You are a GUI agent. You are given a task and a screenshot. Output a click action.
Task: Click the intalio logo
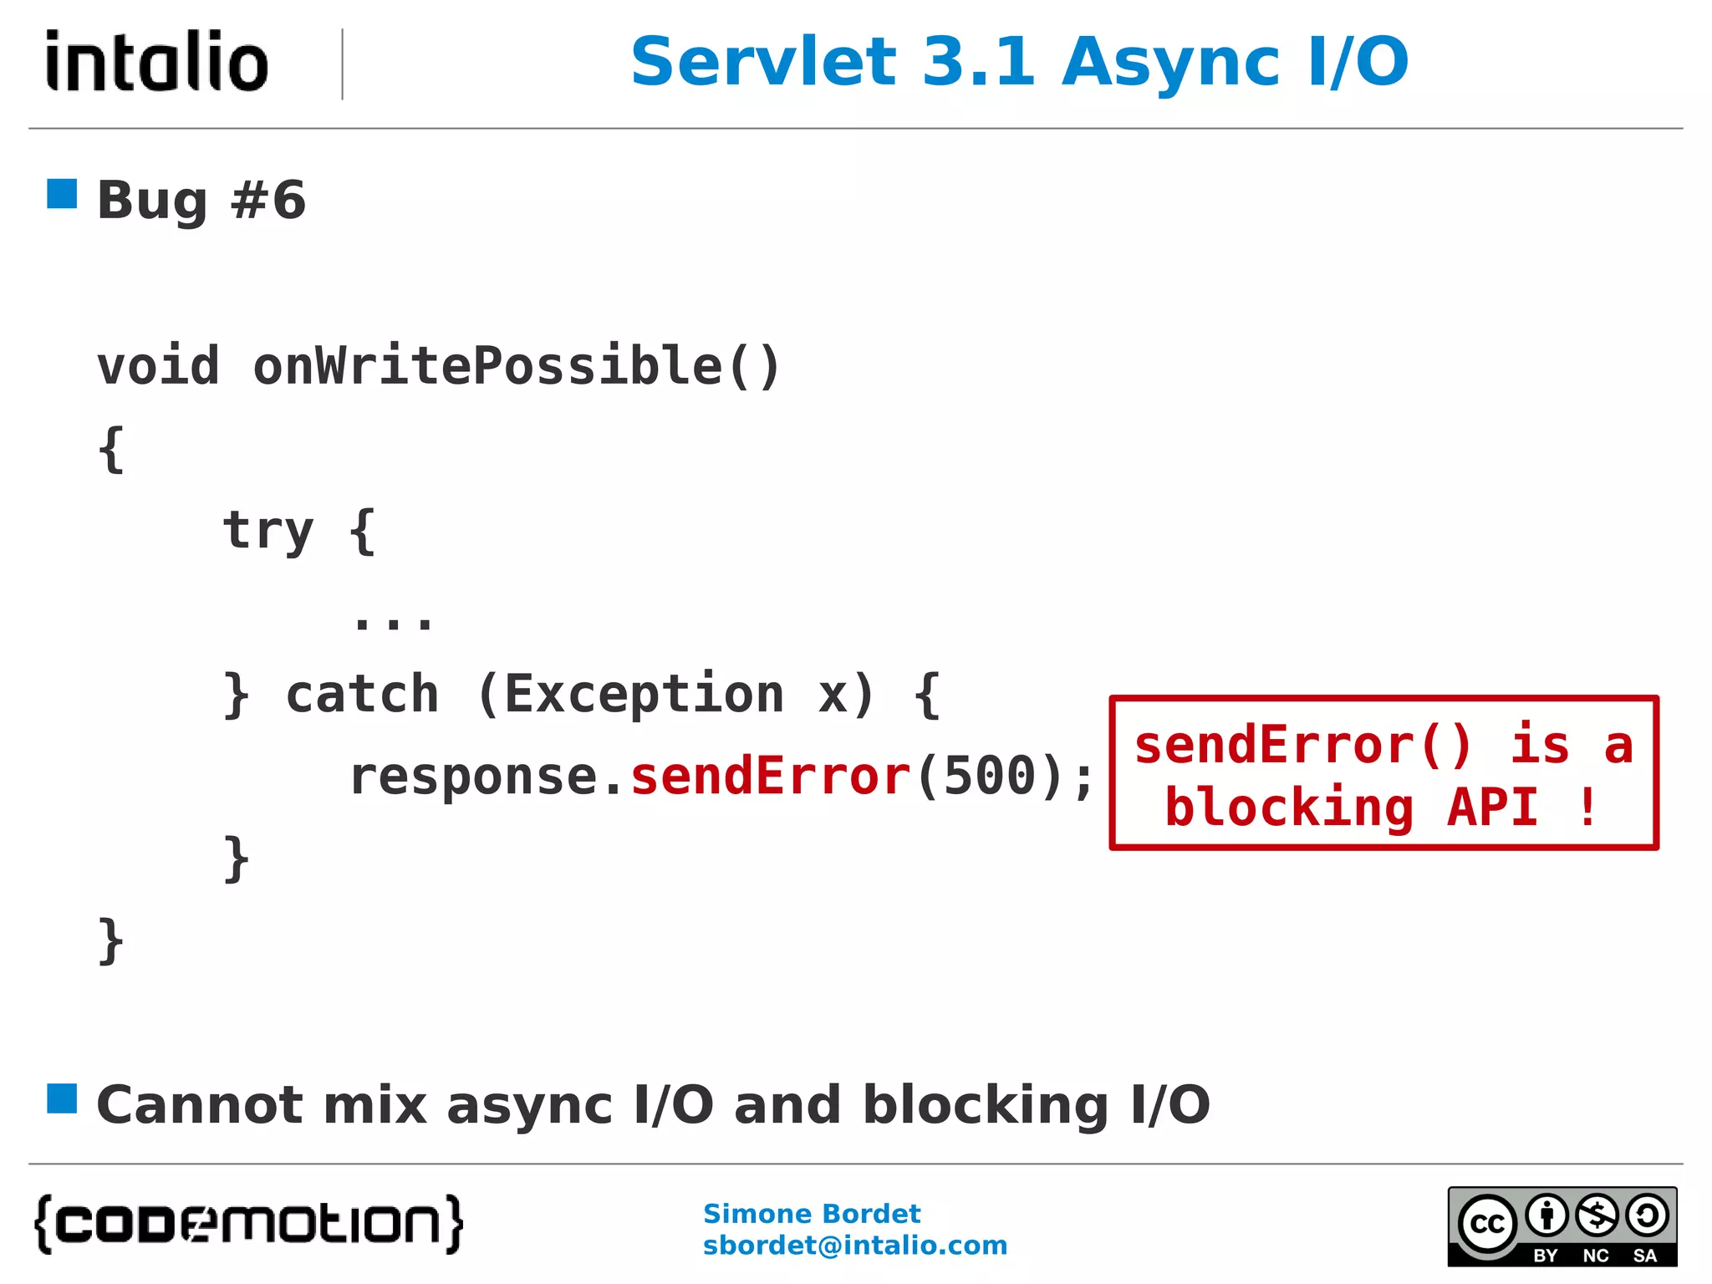click(157, 61)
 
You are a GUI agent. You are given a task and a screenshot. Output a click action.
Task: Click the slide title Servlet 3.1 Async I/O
click(1019, 62)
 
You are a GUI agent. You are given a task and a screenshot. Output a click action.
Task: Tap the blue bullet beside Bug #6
click(62, 194)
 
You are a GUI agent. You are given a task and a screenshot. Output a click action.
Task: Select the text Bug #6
click(201, 201)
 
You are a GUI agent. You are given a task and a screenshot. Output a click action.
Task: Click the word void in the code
click(158, 366)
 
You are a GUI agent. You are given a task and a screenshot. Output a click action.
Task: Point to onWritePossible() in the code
click(517, 366)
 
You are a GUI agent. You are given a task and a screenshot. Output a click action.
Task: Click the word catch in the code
click(362, 694)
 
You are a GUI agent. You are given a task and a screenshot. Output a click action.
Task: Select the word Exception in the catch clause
click(644, 694)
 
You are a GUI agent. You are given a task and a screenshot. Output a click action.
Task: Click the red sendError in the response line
click(770, 776)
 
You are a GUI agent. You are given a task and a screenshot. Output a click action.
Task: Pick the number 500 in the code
click(989, 776)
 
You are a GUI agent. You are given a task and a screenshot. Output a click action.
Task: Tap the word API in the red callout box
click(1492, 808)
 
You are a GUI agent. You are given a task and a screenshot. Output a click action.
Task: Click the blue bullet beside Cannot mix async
click(62, 1098)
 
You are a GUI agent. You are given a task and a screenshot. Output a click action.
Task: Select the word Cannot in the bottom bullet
click(199, 1105)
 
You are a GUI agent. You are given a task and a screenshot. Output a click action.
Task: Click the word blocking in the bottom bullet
click(986, 1105)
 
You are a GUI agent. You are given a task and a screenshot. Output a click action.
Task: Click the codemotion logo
click(249, 1224)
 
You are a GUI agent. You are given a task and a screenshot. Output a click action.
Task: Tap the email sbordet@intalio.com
click(854, 1246)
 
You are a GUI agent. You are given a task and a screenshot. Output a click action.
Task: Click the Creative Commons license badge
click(1562, 1226)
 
